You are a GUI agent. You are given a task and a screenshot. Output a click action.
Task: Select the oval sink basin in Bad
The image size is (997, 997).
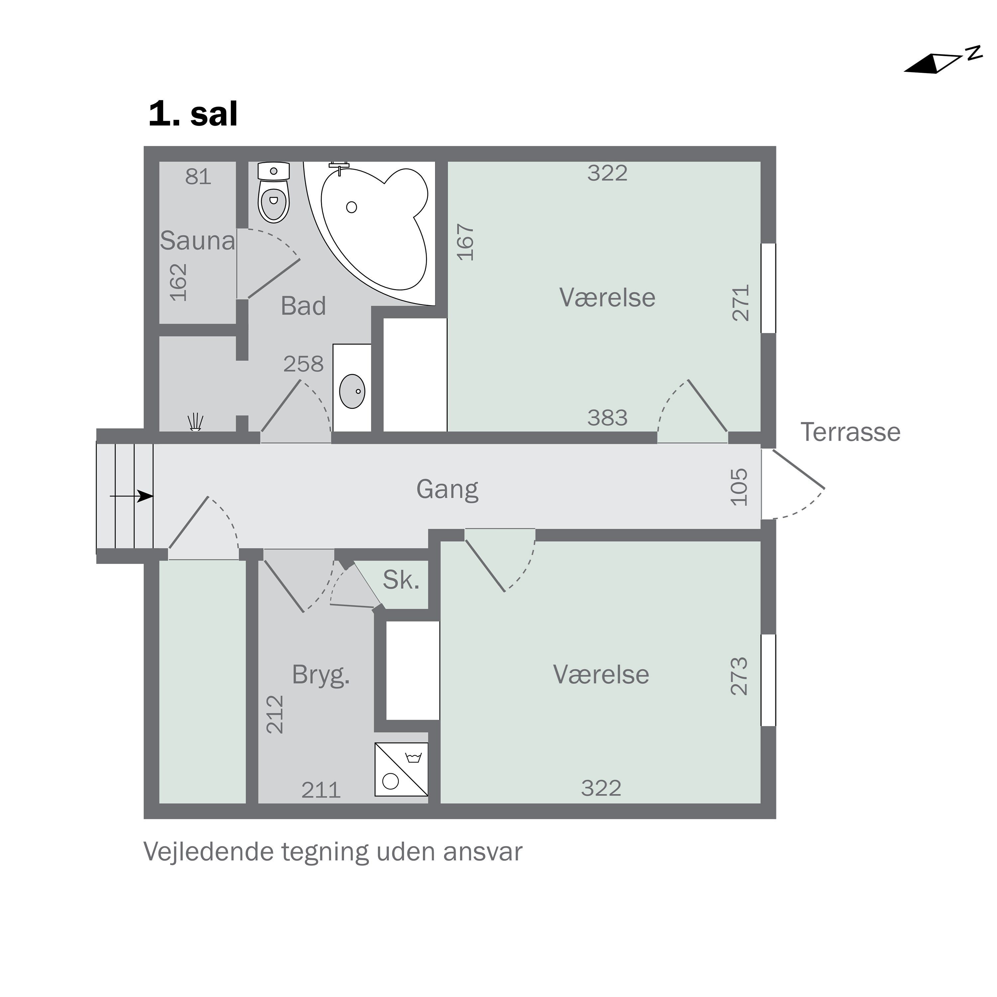[352, 391]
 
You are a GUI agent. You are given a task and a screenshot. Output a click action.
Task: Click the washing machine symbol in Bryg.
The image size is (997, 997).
[401, 769]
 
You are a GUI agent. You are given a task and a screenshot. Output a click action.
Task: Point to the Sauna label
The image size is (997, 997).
[197, 241]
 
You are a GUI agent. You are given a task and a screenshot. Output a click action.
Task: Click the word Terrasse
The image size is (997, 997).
[850, 432]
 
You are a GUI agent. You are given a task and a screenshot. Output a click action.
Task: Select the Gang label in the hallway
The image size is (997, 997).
[447, 489]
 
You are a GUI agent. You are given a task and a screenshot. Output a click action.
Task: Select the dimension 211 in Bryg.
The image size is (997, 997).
[320, 790]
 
